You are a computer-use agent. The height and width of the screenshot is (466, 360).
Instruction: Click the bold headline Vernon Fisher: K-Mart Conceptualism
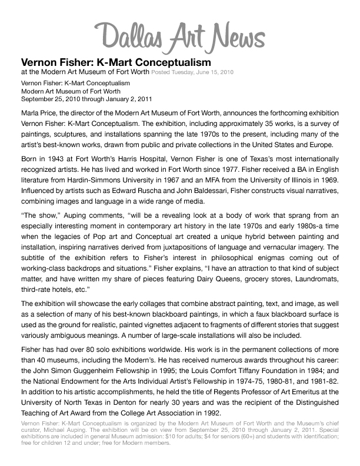point(116,62)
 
